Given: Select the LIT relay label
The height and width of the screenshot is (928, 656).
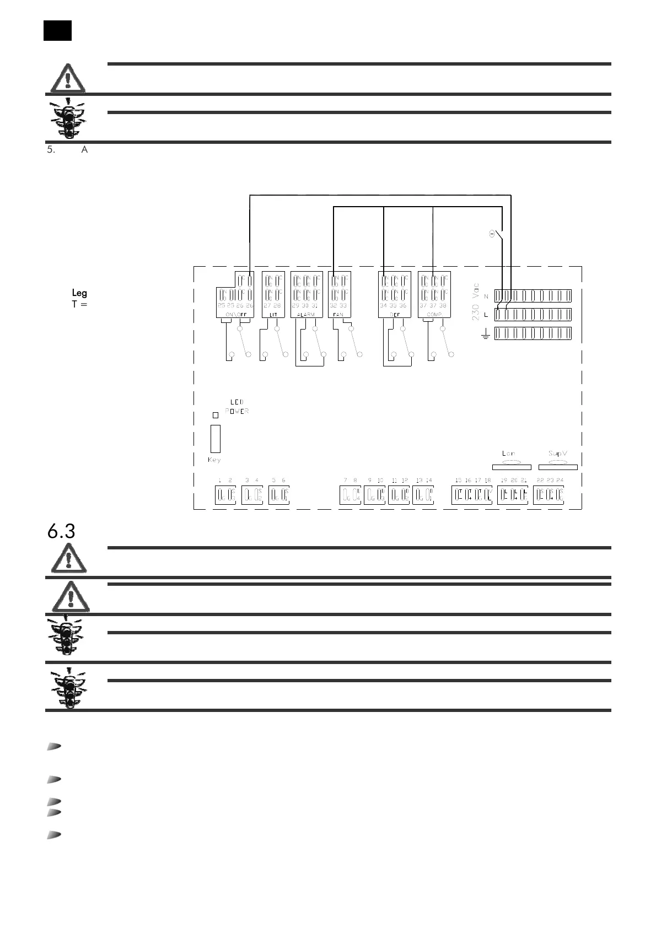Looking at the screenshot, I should click(273, 314).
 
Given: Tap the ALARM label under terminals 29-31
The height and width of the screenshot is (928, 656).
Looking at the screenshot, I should click(306, 314).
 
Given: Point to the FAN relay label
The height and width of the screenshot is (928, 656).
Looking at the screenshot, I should click(338, 314).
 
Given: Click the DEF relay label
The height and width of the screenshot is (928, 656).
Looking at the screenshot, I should click(394, 314).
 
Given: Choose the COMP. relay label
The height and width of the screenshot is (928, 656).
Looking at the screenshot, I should click(434, 314).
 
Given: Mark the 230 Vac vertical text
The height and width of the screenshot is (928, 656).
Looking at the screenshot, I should click(476, 303).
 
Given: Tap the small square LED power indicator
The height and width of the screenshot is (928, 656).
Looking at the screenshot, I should click(216, 415).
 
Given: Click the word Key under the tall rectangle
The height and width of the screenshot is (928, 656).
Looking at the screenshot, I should click(214, 460).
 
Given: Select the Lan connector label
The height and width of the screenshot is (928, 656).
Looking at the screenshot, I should click(508, 454).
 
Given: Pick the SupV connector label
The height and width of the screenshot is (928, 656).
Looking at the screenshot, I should click(558, 454).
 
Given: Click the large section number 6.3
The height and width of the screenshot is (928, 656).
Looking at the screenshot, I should click(61, 531).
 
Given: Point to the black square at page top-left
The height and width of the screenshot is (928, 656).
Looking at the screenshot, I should click(58, 30).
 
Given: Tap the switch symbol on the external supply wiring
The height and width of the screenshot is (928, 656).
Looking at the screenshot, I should click(497, 234).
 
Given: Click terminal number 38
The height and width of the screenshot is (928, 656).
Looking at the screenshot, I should click(443, 305).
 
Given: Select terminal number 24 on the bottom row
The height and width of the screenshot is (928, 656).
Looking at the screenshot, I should click(560, 481).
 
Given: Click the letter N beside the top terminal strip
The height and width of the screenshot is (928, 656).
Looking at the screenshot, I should click(486, 296).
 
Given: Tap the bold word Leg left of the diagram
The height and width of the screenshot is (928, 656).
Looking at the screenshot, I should click(79, 293).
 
